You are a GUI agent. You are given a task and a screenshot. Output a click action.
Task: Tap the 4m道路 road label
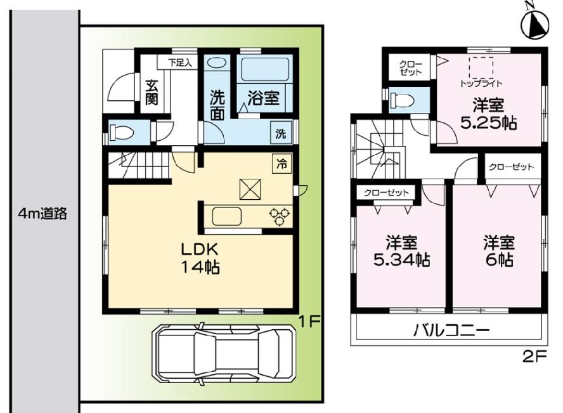point(42,214)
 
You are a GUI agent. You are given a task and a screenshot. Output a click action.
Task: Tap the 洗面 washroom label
point(217,105)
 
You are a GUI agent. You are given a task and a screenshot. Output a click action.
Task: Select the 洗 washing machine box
point(281,134)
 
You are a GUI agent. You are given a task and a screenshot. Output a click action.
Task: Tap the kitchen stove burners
point(280,216)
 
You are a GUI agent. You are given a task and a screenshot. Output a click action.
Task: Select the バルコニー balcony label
point(451,331)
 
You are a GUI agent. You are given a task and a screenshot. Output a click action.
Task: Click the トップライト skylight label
point(481,83)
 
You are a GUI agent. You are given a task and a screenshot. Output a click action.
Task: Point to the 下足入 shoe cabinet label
point(183,62)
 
